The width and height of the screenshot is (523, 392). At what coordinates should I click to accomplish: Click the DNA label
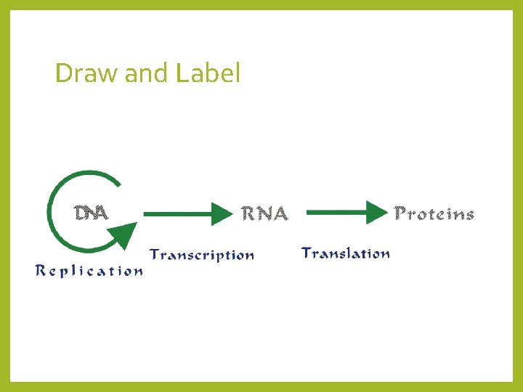pyautogui.click(x=92, y=213)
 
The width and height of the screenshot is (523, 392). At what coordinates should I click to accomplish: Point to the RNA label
pyautogui.click(x=264, y=213)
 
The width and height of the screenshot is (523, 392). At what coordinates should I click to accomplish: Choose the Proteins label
pyautogui.click(x=434, y=213)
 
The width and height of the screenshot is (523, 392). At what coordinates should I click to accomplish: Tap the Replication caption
pyautogui.click(x=89, y=271)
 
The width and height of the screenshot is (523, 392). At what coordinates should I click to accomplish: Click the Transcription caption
pyautogui.click(x=202, y=255)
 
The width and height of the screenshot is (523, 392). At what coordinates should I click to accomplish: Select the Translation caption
pyautogui.click(x=346, y=253)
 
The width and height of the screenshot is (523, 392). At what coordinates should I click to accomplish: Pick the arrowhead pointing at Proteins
pyautogui.click(x=375, y=213)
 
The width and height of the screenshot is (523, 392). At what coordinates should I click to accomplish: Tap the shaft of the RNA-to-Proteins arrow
pyautogui.click(x=334, y=213)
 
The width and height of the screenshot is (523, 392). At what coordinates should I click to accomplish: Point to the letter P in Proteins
pyautogui.click(x=400, y=213)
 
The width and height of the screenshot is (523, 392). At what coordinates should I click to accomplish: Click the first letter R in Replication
pyautogui.click(x=41, y=271)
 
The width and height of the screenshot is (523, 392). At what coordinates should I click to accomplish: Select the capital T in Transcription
pyautogui.click(x=155, y=254)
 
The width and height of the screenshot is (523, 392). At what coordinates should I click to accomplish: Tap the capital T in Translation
pyautogui.click(x=307, y=253)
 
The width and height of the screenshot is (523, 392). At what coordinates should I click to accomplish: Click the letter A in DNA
pyautogui.click(x=102, y=213)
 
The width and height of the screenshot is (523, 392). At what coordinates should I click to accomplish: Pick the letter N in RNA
pyautogui.click(x=264, y=213)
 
